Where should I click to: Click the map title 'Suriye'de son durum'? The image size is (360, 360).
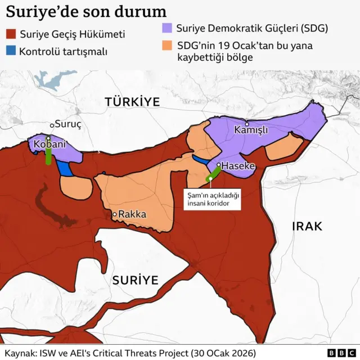coord(86,12)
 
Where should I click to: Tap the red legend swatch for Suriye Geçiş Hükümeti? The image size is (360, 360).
coord(10,35)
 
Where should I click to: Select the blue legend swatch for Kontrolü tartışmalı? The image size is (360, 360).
coord(10,52)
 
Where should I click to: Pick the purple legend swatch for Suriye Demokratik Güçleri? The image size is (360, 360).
coord(166,28)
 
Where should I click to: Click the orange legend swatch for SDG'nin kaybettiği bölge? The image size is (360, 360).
coord(166,45)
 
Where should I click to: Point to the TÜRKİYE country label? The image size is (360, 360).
coord(132,102)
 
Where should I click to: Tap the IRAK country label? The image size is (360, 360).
coord(307,226)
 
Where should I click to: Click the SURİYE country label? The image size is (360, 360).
coord(134,280)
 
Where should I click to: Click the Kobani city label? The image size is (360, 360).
coord(50,145)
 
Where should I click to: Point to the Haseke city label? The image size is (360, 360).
coord(238,166)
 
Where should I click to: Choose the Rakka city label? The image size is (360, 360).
coord(133,214)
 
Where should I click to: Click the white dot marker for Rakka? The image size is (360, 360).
coord(114,214)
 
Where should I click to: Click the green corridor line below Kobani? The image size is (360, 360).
coord(49,155)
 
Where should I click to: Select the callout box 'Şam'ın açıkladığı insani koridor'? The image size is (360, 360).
coord(214,199)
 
